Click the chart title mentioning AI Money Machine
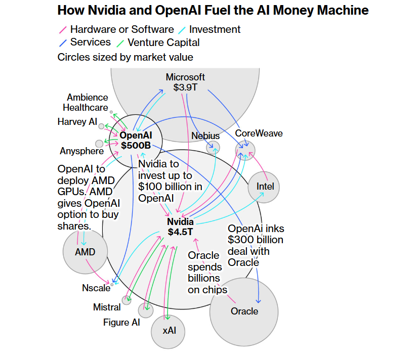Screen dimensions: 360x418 point(213,10)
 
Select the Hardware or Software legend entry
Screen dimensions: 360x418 point(122,29)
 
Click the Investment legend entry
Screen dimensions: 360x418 point(215,29)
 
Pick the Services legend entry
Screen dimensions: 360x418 point(90,42)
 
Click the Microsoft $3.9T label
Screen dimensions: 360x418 point(185,82)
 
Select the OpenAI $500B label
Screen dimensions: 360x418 point(135,140)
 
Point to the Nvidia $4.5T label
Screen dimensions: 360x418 point(180,227)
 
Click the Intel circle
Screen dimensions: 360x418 point(265,187)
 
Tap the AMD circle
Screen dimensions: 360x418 point(85,252)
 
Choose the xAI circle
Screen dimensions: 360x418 point(169,331)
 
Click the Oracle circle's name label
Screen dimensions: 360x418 point(244,311)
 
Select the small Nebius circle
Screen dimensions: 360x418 point(213,148)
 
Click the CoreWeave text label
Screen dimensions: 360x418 point(259,133)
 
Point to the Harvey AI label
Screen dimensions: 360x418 point(77,122)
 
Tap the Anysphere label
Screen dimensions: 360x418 point(81,151)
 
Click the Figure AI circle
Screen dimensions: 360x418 point(146,310)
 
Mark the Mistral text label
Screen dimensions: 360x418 point(107,307)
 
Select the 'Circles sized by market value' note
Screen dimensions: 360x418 point(126,57)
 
